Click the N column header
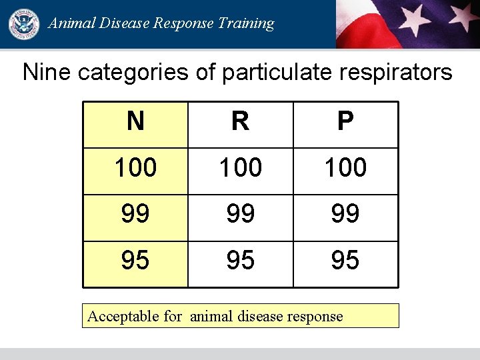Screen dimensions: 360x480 (x=135, y=122)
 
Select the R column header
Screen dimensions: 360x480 (x=240, y=122)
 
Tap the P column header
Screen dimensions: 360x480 (x=345, y=122)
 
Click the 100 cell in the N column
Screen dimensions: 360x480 (x=135, y=168)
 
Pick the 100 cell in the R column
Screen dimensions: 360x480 (x=240, y=168)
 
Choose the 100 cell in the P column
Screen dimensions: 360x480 (x=345, y=168)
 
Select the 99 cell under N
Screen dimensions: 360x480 (x=135, y=214)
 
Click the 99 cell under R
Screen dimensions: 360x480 (x=240, y=214)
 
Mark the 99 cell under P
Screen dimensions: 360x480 (x=345, y=214)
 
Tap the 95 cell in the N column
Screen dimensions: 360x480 (x=135, y=261)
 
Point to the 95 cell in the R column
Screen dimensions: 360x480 (x=240, y=261)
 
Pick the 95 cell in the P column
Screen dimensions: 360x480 (x=345, y=261)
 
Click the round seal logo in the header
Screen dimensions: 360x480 (x=23, y=24)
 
